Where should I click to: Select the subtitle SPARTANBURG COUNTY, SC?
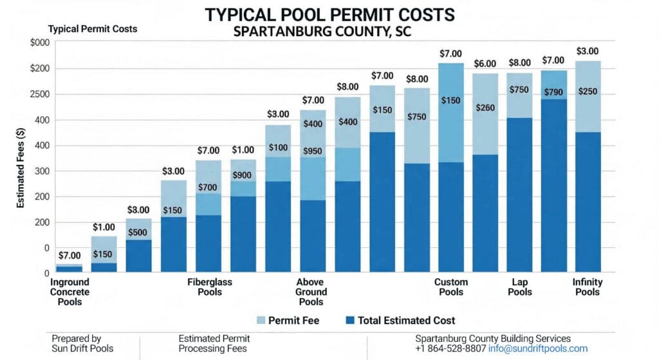329,31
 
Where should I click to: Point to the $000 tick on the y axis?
39,43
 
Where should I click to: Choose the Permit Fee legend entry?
286,320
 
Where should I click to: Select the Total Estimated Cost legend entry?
399,320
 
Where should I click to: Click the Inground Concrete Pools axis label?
70,292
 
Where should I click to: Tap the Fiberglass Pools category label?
210,287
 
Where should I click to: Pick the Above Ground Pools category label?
311,292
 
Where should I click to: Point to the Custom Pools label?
451,287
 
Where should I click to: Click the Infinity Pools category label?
586,287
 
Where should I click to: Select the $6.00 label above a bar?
485,64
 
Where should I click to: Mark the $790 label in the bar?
553,91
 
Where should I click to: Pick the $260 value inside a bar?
485,108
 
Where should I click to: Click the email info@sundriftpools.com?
538,348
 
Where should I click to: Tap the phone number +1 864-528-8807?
450,348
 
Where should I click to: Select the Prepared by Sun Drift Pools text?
77,343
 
